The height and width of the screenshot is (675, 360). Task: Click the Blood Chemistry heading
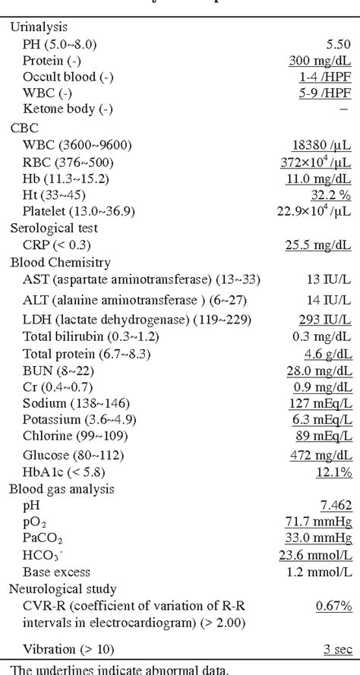[60, 263]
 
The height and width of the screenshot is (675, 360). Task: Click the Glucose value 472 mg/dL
[320, 455]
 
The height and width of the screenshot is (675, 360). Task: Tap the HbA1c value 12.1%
[333, 472]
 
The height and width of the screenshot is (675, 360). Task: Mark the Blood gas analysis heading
[62, 488]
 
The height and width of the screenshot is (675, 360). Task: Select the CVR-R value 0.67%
[333, 605]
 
